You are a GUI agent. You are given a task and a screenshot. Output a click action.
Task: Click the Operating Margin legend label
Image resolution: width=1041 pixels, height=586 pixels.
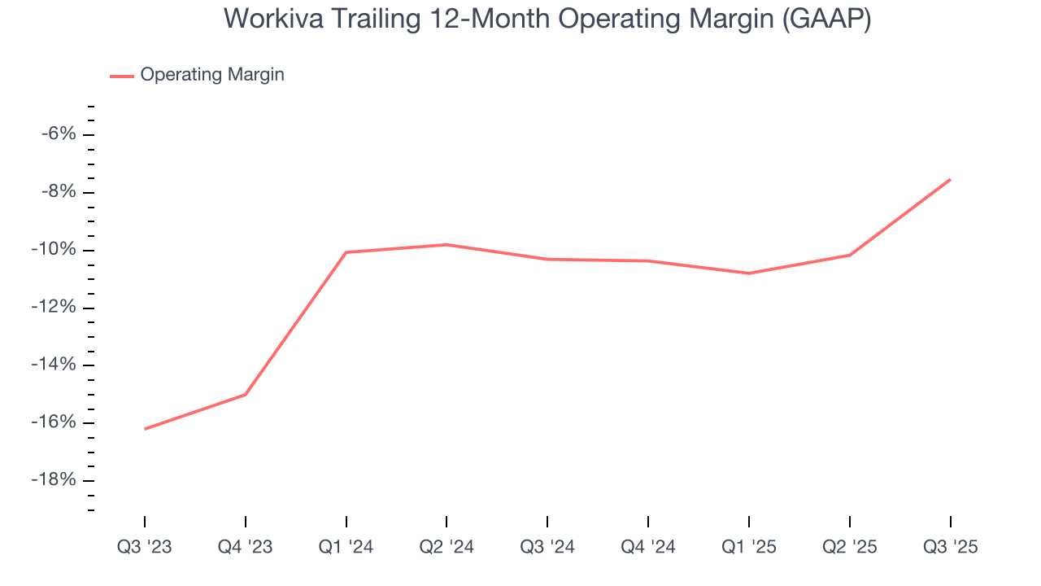(212, 75)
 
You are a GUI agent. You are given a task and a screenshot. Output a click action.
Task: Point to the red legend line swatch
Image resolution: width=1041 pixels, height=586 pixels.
(121, 76)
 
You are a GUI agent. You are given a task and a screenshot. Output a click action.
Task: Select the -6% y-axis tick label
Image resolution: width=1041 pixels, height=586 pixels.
(59, 134)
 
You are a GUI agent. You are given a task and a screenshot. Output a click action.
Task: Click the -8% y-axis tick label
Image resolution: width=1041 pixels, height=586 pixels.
(59, 192)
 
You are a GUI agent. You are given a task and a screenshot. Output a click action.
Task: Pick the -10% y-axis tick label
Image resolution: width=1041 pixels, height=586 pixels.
(54, 250)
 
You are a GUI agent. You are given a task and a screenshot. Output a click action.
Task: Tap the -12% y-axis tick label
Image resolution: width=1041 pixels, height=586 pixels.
(54, 308)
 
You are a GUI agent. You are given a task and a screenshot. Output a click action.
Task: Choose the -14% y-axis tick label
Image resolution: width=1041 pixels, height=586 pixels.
(54, 365)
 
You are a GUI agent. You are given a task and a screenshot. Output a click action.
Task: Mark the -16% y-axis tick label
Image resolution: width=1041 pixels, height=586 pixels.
(54, 422)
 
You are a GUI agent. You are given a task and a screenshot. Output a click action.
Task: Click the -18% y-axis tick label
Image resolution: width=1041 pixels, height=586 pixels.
(54, 480)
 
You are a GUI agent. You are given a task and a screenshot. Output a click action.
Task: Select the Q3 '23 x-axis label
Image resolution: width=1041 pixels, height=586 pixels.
(145, 547)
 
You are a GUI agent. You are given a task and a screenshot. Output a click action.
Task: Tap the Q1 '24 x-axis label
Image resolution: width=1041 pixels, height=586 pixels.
(346, 547)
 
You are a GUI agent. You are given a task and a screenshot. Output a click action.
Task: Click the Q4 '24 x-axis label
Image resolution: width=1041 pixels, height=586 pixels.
(648, 547)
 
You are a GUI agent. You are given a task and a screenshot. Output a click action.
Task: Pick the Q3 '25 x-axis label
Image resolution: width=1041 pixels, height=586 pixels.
(950, 547)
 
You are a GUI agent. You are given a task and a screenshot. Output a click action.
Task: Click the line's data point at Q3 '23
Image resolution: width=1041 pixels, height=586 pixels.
(145, 429)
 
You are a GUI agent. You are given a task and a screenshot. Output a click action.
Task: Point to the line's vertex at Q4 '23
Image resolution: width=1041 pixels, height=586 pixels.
(246, 395)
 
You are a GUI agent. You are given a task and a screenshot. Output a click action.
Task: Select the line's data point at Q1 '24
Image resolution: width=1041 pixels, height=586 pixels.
(346, 252)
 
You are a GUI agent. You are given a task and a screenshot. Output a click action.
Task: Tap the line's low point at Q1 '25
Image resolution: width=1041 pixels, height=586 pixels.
(749, 273)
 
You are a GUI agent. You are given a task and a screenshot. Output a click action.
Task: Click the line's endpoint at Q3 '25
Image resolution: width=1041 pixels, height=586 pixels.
(950, 179)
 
